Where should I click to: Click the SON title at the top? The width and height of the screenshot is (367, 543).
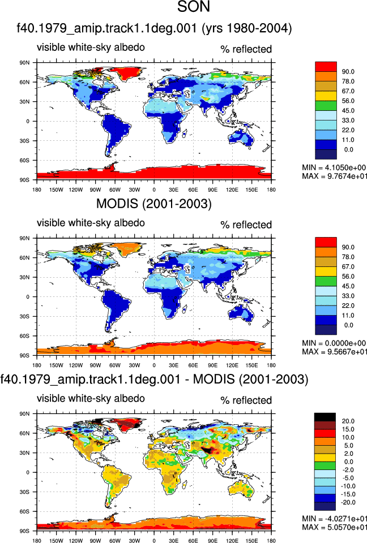194,7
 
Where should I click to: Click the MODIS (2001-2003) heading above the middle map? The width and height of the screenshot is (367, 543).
153,204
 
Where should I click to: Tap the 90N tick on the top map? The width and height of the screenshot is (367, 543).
24,63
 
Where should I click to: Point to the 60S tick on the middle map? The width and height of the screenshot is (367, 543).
24,336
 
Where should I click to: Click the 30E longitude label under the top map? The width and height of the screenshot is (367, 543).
174,190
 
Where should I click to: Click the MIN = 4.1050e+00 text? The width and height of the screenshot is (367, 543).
334,167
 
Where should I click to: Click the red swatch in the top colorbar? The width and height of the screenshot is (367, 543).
326,67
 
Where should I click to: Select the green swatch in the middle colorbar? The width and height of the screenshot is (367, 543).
326,281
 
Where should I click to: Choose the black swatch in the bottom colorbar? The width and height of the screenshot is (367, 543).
325,417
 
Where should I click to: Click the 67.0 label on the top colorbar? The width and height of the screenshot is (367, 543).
348,91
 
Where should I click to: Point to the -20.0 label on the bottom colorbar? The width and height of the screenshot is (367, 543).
348,502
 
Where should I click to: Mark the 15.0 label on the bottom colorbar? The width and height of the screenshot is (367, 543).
348,429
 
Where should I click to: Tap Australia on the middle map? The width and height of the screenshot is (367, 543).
241,313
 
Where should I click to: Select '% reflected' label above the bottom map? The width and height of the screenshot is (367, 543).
246,400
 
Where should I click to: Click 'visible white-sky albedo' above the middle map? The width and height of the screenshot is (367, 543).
91,223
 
